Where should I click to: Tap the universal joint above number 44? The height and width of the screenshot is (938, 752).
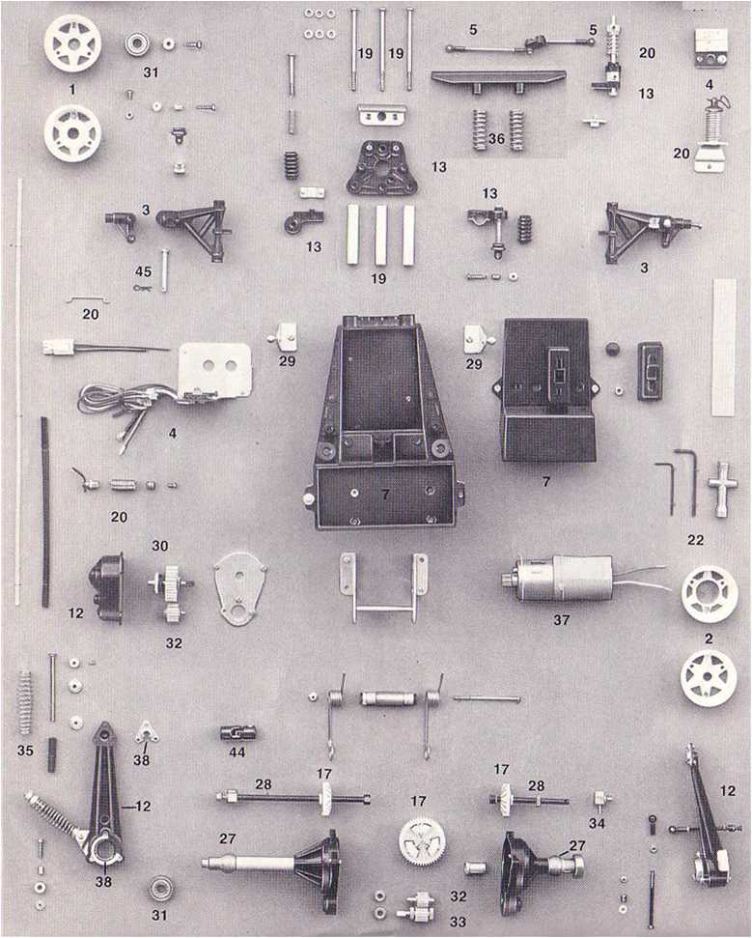click(237, 731)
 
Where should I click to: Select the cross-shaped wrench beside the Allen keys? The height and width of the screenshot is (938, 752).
click(718, 489)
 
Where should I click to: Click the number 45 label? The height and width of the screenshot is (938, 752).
click(143, 271)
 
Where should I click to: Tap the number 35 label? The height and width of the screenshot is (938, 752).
click(25, 751)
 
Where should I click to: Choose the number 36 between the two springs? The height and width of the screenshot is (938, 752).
click(496, 139)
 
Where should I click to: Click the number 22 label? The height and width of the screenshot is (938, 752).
click(695, 540)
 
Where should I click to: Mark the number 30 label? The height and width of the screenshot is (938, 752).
click(159, 546)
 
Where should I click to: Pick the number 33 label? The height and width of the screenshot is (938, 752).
click(458, 922)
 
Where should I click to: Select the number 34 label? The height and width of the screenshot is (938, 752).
click(597, 823)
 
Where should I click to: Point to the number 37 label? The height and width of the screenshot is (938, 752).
click(561, 620)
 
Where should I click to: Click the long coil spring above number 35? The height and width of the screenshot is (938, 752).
click(24, 702)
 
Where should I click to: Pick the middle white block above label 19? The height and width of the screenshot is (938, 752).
click(380, 235)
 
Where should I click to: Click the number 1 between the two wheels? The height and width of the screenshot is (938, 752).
click(72, 89)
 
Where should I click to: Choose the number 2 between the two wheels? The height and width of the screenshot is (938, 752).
click(709, 639)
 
